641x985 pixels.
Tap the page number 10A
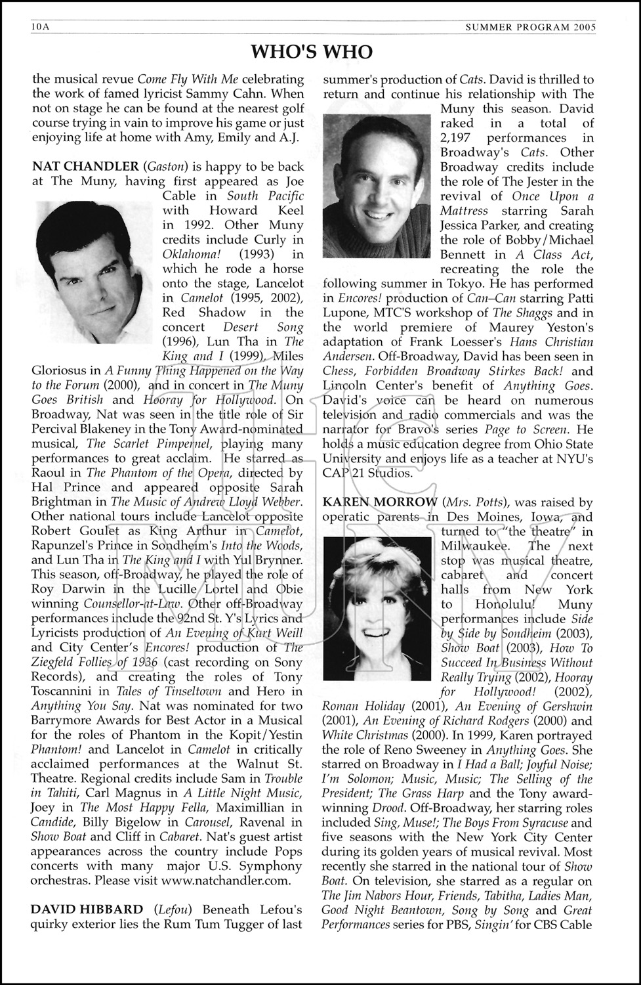[x=41, y=26]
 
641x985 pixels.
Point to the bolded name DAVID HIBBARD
[x=87, y=909]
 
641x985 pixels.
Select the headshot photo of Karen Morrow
[x=379, y=607]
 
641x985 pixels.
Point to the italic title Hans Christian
[x=550, y=342]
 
